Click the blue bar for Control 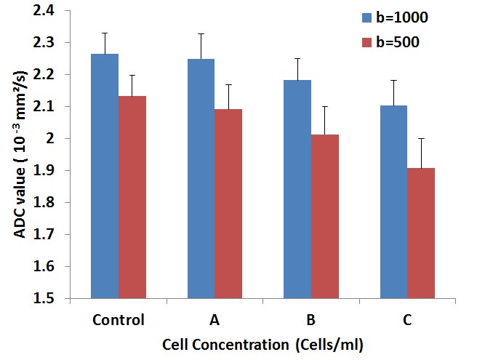point(105,175)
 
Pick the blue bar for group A point(201,177)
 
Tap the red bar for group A point(228,204)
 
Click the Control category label point(119,319)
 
